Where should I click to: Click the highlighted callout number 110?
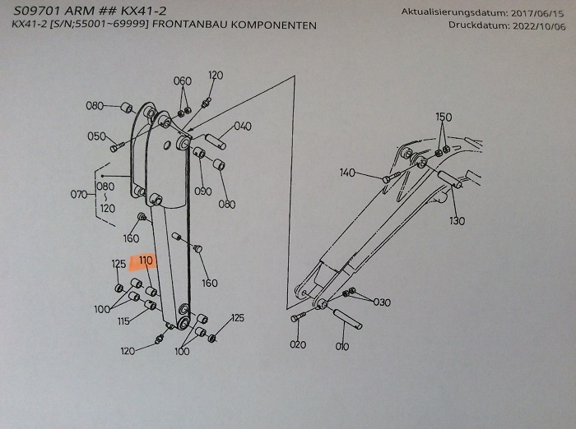pos(146,261)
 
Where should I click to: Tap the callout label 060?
pos(182,81)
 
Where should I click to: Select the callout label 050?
pos(96,136)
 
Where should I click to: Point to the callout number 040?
pos(243,127)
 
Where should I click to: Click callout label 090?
pos(203,191)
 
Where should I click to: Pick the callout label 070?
pos(79,195)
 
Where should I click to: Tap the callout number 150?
pos(443,118)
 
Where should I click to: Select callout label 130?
pos(457,221)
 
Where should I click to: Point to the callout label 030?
pos(382,302)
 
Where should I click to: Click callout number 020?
pos(298,344)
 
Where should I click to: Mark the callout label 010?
pos(342,346)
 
